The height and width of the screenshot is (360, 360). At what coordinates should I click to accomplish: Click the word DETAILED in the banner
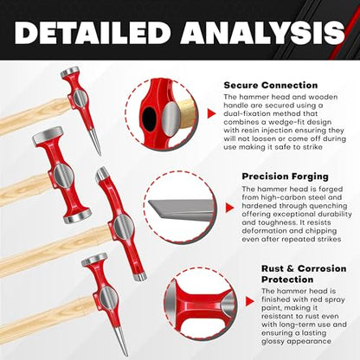pos(93,32)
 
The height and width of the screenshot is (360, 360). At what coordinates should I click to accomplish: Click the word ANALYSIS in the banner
pos(263,32)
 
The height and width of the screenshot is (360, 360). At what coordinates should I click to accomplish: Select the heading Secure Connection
pos(271,86)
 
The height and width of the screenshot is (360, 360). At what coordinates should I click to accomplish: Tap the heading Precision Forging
pos(285,177)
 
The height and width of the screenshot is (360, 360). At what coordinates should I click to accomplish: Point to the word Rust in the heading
pos(273,268)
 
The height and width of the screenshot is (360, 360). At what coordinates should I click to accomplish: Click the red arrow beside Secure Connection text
pos(211,113)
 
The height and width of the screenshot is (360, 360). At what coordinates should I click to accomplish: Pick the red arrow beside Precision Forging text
pos(229,208)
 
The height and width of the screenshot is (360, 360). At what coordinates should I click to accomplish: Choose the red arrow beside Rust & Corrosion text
pos(250,302)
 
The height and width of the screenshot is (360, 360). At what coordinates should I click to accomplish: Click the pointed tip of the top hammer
pos(100,154)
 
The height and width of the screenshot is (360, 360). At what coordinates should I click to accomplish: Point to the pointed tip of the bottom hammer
pos(126,354)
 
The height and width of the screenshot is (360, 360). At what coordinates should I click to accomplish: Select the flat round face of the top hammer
pos(69,71)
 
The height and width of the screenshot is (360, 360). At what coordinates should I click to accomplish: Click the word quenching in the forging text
pos(329,206)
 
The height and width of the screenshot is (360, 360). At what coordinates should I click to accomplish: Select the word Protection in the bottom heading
pos(287,280)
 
